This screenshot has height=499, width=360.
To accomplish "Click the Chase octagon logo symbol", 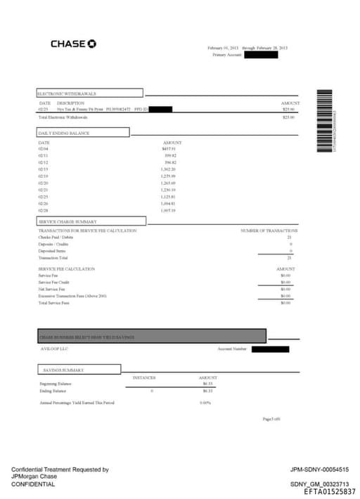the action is click(x=92, y=44).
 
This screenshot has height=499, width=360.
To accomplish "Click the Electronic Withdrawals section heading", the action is click(x=67, y=93).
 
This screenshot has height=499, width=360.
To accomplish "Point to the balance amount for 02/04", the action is click(x=169, y=149).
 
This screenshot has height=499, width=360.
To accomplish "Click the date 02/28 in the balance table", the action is click(x=43, y=210).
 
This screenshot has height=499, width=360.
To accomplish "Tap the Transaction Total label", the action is click(x=53, y=257).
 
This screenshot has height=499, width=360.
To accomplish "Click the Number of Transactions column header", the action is click(x=269, y=231).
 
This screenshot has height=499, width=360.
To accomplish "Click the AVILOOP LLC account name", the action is click(x=53, y=349).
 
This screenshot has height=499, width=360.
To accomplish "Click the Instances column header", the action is click(x=144, y=377).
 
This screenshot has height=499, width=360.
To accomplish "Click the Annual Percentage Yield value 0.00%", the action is click(x=205, y=403).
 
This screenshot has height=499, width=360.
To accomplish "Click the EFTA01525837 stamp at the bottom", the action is click(x=330, y=492).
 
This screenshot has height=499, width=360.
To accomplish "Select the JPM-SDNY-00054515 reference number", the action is click(x=319, y=469).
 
